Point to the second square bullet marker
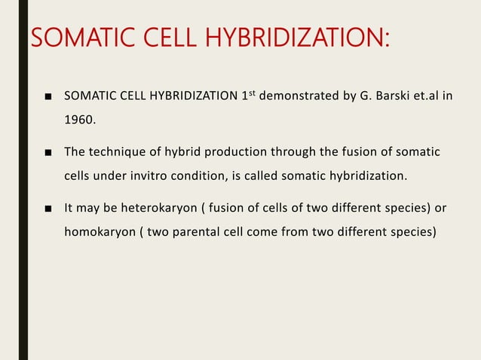pos(47,154)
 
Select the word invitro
pos(158,176)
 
